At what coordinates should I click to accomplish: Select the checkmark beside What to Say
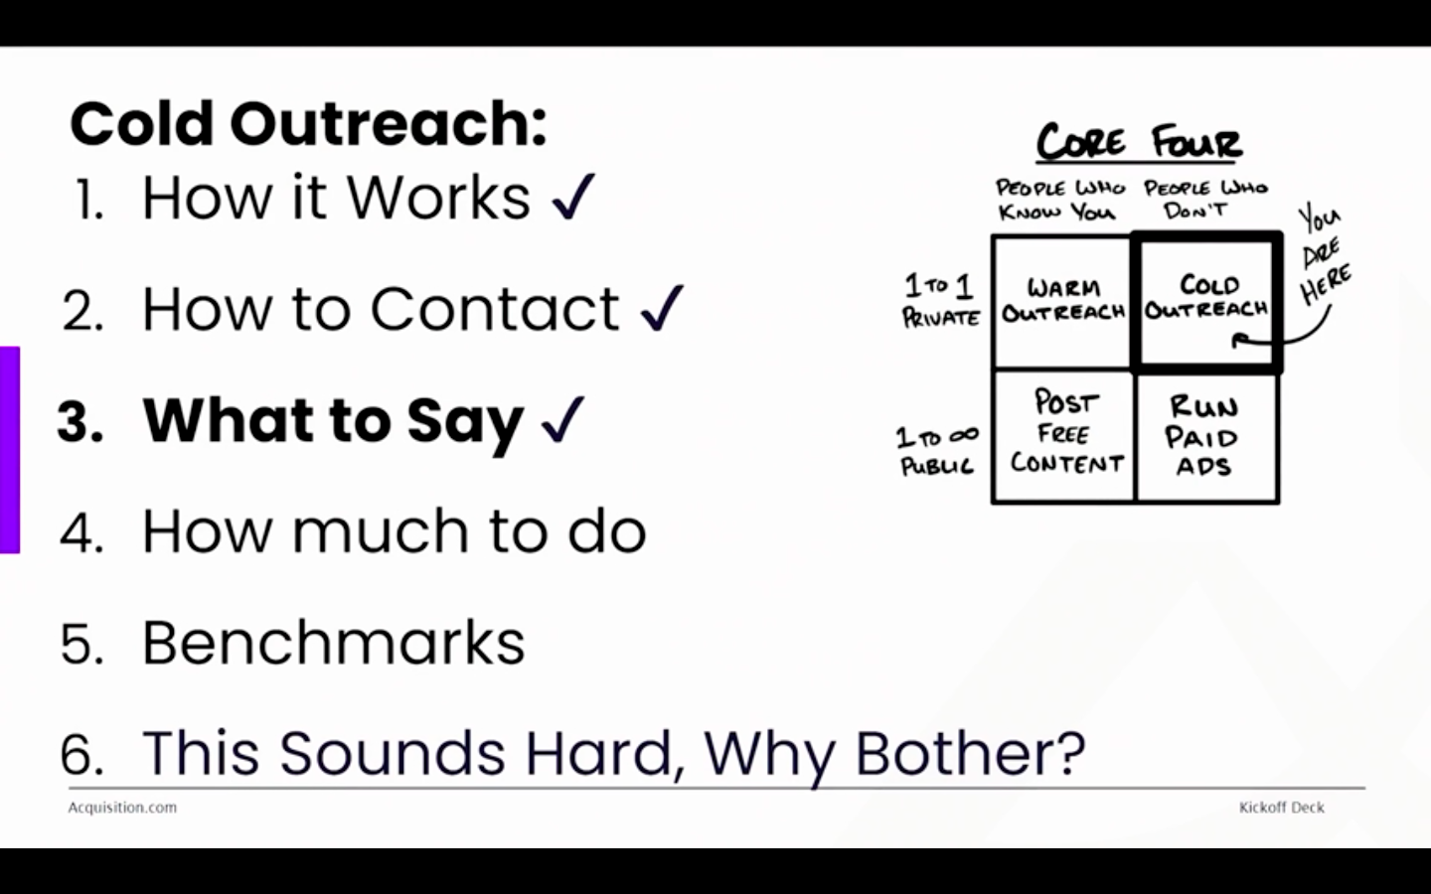562,419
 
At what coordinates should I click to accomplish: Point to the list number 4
81,531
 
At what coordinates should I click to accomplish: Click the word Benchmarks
333,642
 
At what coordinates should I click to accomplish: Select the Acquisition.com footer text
122,808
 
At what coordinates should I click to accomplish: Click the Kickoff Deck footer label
1282,808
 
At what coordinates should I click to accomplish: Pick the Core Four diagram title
1140,142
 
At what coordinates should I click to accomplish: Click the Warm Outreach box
1062,302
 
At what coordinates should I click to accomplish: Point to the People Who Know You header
1059,200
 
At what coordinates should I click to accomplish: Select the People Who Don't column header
1205,198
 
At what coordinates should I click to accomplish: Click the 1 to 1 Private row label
940,300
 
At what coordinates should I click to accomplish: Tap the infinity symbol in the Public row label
963,435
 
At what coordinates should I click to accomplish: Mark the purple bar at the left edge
10,450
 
